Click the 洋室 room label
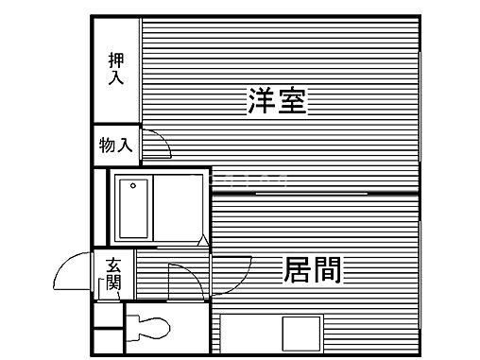pyautogui.click(x=277, y=101)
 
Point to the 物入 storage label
pyautogui.click(x=116, y=146)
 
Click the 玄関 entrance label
pyautogui.click(x=114, y=273)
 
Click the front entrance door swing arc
pyautogui.click(x=72, y=275)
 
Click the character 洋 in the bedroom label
pyautogui.click(x=262, y=101)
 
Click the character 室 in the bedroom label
pyautogui.click(x=292, y=101)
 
